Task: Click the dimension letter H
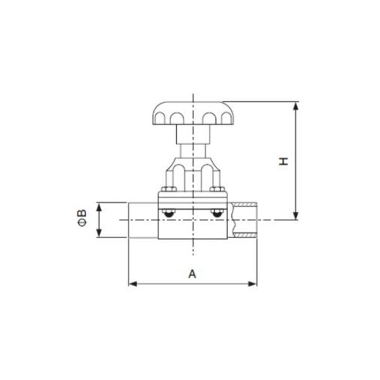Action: pyautogui.click(x=284, y=161)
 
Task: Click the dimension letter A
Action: pyautogui.click(x=193, y=274)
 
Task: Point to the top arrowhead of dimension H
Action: pyautogui.click(x=296, y=105)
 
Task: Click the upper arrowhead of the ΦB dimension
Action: pyautogui.click(x=98, y=206)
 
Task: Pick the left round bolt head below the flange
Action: pyautogui.click(x=168, y=215)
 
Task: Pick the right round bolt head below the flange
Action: pyautogui.click(x=217, y=215)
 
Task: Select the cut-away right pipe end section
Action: pyautogui.click(x=244, y=220)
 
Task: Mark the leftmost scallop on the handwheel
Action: pyautogui.click(x=157, y=118)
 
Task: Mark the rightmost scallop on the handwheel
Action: pyautogui.click(x=227, y=118)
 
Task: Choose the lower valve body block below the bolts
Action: pyautogui.click(x=193, y=229)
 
